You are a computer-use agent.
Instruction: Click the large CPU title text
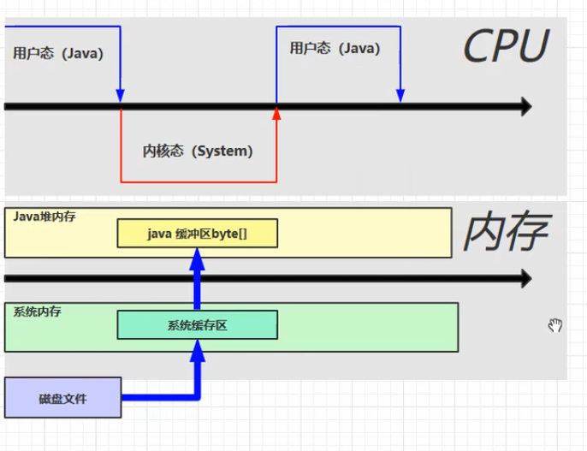coord(505,47)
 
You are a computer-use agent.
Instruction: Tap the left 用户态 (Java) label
coord(58,53)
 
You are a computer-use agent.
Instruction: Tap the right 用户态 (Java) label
coord(335,49)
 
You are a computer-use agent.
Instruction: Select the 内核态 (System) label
coord(198,151)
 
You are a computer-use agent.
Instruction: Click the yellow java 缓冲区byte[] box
coord(198,234)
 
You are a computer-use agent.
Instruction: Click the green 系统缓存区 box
coord(198,325)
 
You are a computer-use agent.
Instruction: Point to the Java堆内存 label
coord(44,217)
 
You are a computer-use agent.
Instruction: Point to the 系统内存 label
coord(38,312)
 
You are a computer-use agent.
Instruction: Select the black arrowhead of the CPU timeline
coord(524,107)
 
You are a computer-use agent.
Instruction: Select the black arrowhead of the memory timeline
coord(524,278)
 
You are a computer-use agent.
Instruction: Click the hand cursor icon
coord(555,325)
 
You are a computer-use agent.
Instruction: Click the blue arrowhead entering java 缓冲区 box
coord(198,257)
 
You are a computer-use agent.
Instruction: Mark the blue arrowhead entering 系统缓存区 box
coord(198,348)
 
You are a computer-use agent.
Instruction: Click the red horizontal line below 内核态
coord(198,181)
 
